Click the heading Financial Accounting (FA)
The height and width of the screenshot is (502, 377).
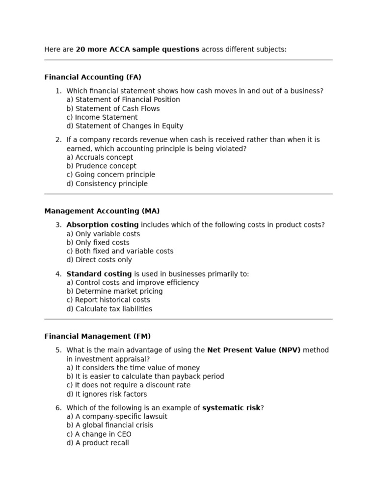click(93, 77)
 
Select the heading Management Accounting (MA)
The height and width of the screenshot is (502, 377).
click(102, 211)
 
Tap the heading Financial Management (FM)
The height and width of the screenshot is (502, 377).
click(97, 336)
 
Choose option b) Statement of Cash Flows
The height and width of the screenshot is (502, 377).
click(113, 108)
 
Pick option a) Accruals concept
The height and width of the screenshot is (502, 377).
click(100, 157)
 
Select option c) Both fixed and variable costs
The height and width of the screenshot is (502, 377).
click(120, 251)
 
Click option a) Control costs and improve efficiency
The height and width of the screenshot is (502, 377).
click(133, 282)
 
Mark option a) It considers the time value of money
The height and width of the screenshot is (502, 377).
click(133, 368)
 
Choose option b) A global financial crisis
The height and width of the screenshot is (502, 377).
click(109, 425)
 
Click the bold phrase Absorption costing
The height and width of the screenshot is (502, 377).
click(103, 225)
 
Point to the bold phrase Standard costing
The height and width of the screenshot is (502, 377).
click(99, 274)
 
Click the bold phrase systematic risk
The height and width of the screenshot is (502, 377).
click(231, 408)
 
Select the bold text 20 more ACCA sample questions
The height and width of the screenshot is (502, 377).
click(137, 49)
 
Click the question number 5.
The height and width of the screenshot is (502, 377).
click(58, 350)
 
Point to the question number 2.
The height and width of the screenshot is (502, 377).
click(58, 140)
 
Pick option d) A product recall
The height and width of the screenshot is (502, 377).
click(98, 443)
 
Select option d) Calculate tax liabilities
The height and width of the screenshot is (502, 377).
click(109, 309)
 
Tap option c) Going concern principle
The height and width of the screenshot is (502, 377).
click(110, 175)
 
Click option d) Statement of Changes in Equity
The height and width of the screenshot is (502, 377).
click(125, 125)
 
